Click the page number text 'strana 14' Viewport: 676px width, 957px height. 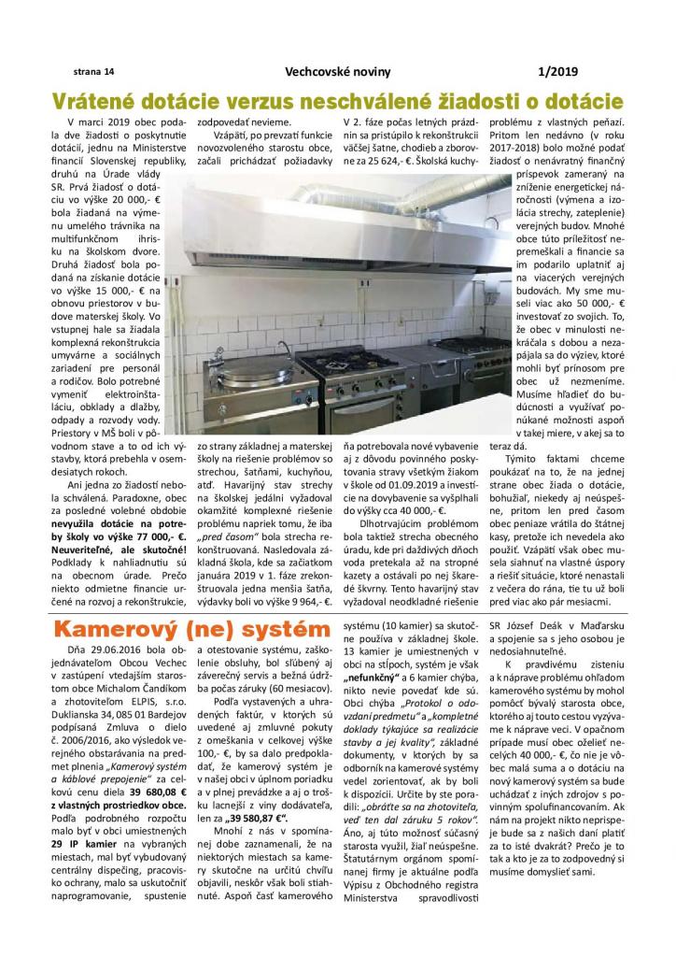point(93,71)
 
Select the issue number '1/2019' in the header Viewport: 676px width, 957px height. point(558,71)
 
